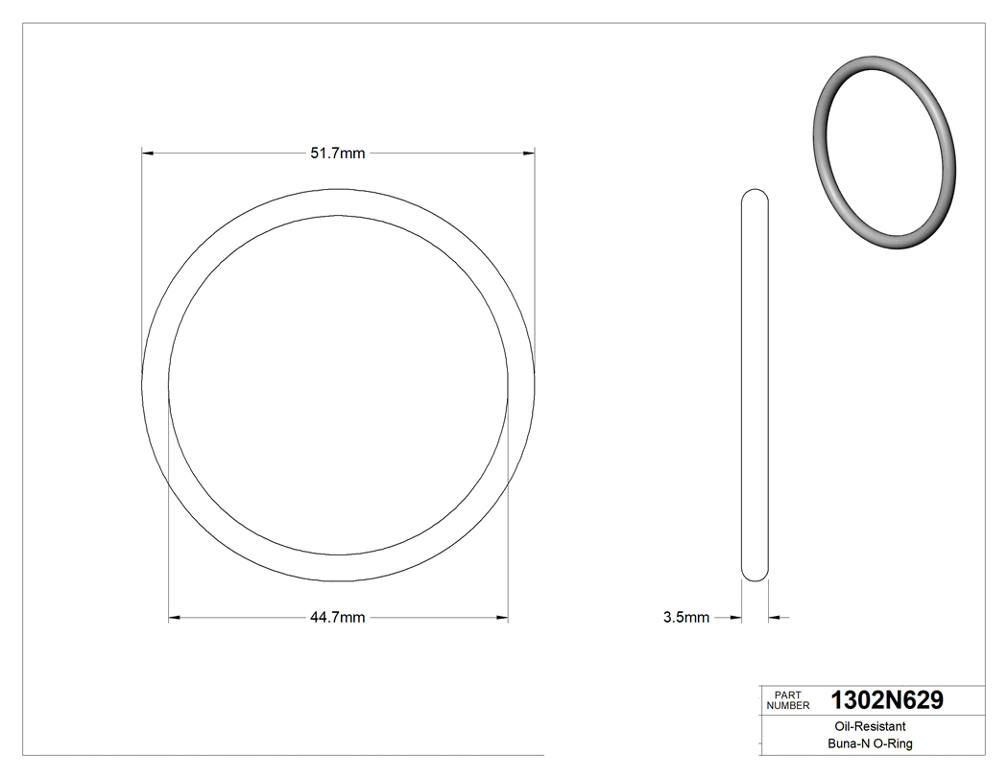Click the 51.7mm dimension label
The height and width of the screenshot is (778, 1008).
coord(337,153)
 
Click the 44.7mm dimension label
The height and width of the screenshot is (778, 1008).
coord(337,618)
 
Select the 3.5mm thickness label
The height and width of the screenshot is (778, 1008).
coord(685,618)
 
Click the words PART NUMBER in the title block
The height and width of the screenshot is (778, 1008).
coord(788,700)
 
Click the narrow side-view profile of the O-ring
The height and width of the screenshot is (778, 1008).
coord(756,384)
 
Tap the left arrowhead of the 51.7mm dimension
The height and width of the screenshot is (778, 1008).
coord(148,153)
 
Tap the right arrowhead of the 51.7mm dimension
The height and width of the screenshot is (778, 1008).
coord(528,153)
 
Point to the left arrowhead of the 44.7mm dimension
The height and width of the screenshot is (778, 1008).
coord(175,617)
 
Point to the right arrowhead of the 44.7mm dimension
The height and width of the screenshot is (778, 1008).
coord(501,617)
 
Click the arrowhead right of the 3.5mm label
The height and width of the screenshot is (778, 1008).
coord(736,617)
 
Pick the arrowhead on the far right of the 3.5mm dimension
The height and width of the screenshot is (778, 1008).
coord(775,617)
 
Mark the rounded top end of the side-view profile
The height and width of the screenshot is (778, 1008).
coord(756,194)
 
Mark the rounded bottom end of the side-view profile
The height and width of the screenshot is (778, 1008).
coord(756,575)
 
